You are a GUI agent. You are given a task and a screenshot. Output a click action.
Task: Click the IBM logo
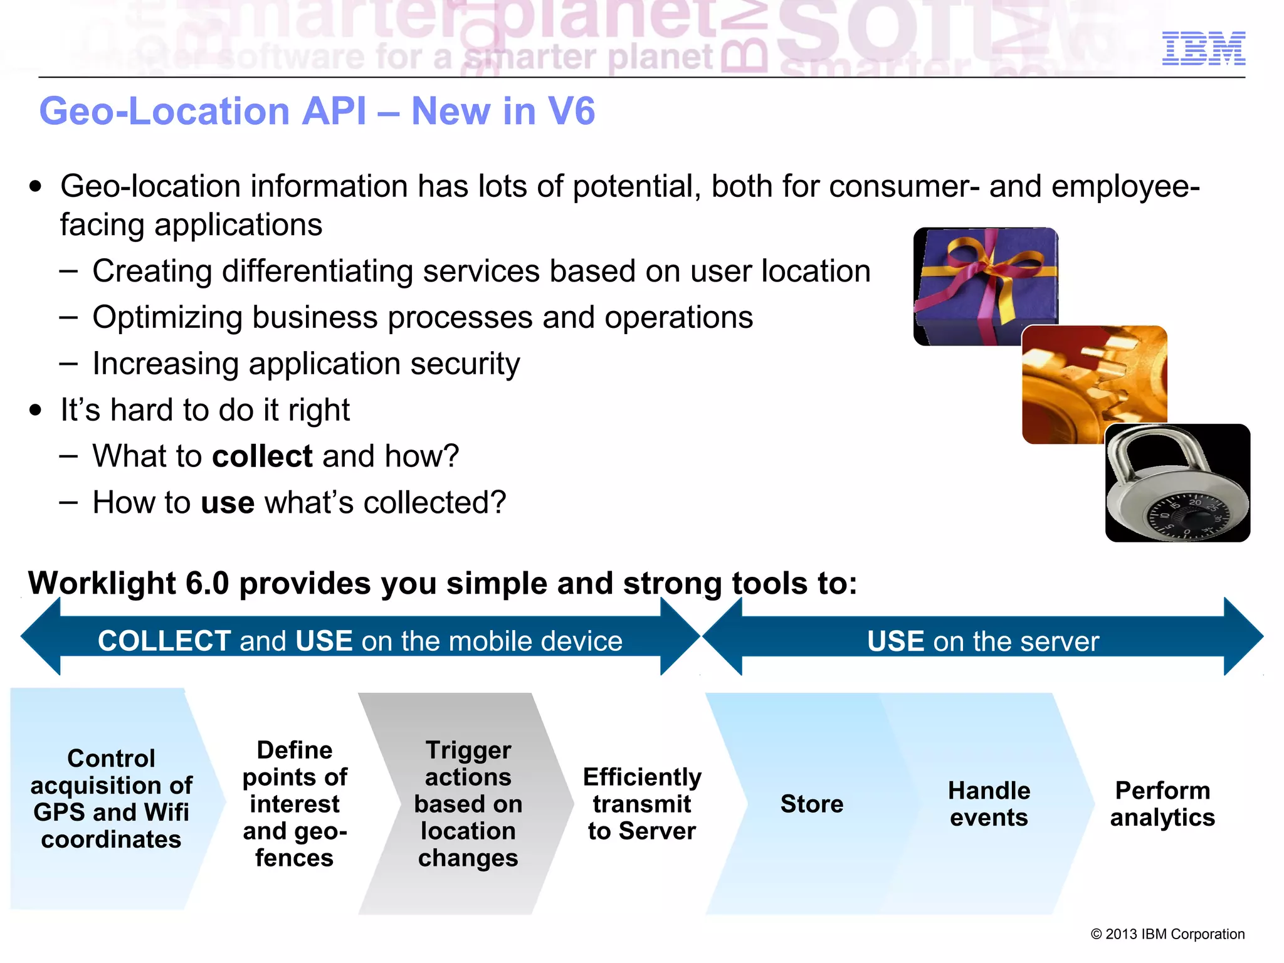1203,48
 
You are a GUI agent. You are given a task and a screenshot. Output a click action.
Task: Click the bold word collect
262,456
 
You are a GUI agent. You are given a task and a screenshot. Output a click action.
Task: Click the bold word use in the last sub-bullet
227,503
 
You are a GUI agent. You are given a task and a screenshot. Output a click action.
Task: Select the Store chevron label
811,804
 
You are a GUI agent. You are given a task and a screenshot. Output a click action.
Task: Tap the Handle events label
989,804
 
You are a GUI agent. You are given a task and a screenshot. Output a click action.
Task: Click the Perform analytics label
1162,804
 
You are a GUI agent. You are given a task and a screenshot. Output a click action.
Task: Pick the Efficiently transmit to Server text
641,804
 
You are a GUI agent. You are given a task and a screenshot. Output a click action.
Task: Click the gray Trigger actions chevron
467,804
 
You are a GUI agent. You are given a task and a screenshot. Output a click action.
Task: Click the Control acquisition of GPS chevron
111,799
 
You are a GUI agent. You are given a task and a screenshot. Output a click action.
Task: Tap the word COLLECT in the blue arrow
164,641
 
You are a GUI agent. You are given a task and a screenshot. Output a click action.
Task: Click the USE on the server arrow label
982,641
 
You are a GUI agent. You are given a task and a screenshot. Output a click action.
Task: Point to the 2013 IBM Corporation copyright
1167,934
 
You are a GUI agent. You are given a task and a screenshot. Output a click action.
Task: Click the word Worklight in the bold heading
102,583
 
